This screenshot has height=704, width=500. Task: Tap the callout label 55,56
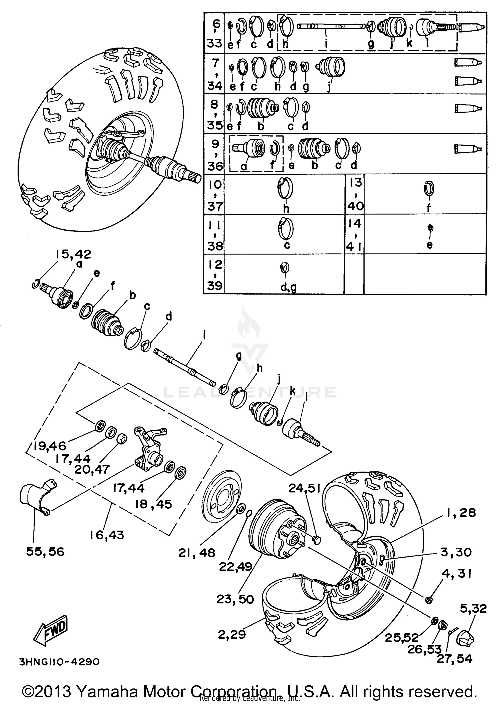tap(45, 551)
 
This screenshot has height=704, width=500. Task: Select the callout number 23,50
tap(235, 599)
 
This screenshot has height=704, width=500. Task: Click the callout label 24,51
tap(304, 489)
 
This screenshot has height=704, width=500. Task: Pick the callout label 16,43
tap(107, 535)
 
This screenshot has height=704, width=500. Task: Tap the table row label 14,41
tap(354, 235)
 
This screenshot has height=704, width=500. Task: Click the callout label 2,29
tap(232, 635)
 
